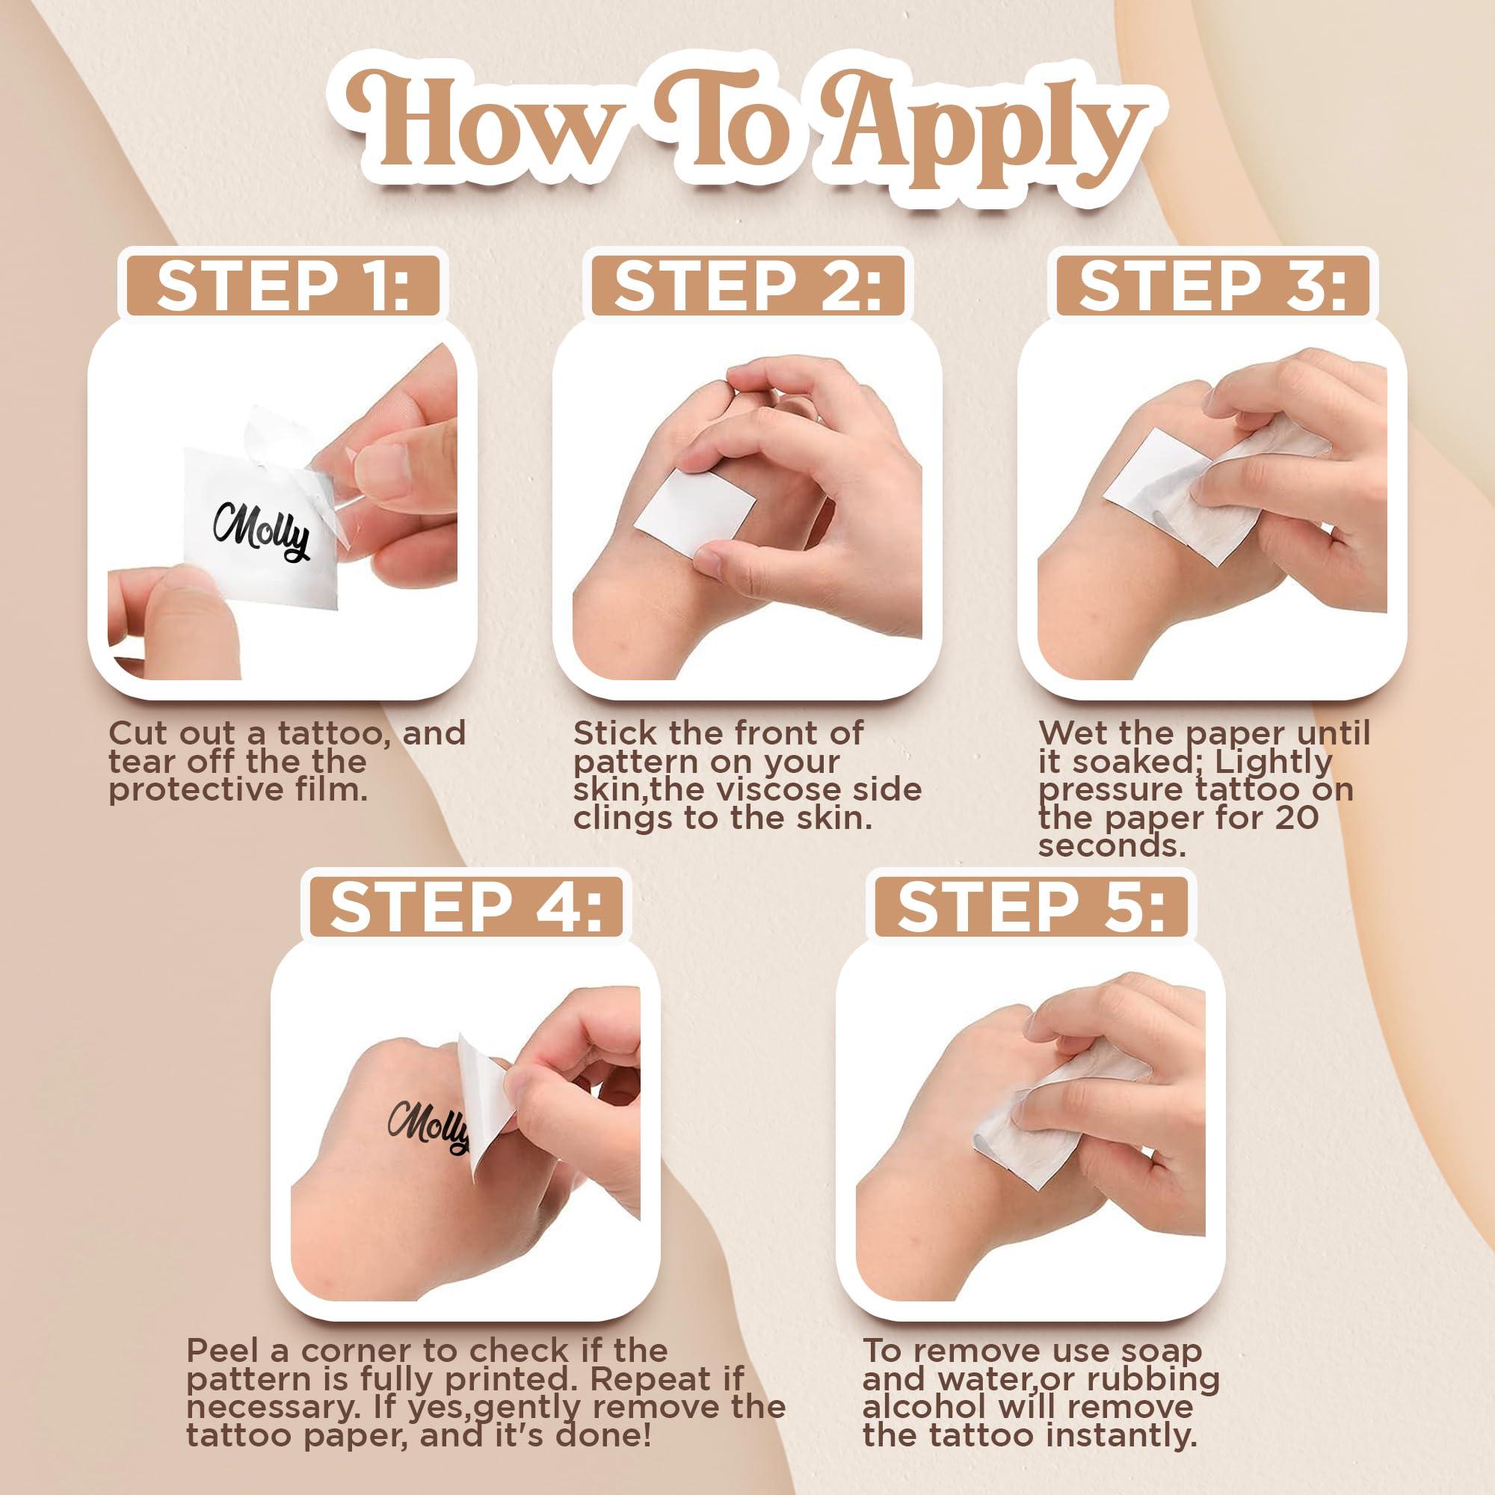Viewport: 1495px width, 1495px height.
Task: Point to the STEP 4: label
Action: pos(466,906)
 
